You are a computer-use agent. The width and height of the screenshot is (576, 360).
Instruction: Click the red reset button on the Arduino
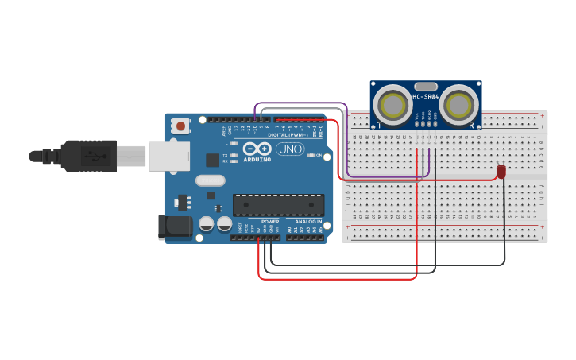point(181,126)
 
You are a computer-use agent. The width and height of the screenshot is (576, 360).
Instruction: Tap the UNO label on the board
point(290,149)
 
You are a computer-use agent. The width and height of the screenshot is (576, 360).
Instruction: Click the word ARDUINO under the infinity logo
point(257,159)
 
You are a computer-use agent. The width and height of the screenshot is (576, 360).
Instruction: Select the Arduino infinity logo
point(257,149)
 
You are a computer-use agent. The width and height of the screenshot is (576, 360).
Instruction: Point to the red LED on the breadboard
point(501,172)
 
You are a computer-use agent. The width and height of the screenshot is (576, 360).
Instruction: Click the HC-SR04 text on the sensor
point(426,97)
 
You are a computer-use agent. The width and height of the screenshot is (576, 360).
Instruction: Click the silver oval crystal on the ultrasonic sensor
point(426,87)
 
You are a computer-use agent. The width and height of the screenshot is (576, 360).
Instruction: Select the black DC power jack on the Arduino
point(176,226)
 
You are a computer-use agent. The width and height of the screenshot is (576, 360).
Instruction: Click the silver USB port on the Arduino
point(168,156)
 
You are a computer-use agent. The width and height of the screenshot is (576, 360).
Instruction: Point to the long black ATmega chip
point(278,204)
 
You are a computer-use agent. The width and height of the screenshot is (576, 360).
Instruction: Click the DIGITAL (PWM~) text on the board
point(288,134)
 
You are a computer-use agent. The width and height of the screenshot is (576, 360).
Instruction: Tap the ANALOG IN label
point(309,221)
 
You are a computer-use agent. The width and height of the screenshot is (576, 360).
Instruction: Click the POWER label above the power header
point(270,221)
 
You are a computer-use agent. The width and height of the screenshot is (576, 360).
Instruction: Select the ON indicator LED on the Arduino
point(319,155)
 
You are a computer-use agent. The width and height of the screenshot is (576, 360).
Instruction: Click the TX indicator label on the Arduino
point(226,155)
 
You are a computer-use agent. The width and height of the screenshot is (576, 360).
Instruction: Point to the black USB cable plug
point(87,156)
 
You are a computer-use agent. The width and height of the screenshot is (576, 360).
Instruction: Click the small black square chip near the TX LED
point(212,160)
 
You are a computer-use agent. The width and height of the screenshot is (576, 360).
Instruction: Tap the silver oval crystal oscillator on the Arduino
point(211,195)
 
